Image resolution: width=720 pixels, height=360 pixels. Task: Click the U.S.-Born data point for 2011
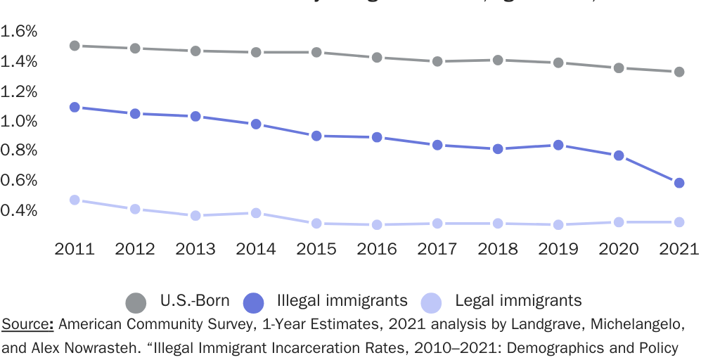point(75,46)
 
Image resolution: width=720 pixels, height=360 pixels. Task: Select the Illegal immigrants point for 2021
point(679,183)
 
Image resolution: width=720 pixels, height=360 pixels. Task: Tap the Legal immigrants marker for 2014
point(256,213)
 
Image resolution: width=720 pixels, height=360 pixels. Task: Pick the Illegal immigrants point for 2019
point(558,145)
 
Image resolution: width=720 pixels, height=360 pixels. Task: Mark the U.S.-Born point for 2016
point(377,58)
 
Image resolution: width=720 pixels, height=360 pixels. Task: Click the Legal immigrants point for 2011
point(75,200)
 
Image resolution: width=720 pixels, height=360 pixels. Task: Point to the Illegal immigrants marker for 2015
point(316,136)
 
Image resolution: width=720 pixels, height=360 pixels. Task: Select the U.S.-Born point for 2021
point(679,72)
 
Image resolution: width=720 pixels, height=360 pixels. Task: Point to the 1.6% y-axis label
point(19,32)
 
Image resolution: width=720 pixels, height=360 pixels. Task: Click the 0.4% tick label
point(19,210)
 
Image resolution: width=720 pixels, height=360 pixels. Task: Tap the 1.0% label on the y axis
point(19,121)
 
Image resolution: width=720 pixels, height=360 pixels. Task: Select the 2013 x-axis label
point(195,249)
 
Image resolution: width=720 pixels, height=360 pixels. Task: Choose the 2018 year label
point(498,249)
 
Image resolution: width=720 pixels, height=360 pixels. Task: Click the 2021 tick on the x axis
point(679,249)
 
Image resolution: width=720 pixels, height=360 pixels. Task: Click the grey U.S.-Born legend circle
point(136,303)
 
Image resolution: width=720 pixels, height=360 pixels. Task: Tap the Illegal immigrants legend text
point(342,301)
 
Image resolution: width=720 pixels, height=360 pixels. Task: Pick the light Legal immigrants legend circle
point(431,303)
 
